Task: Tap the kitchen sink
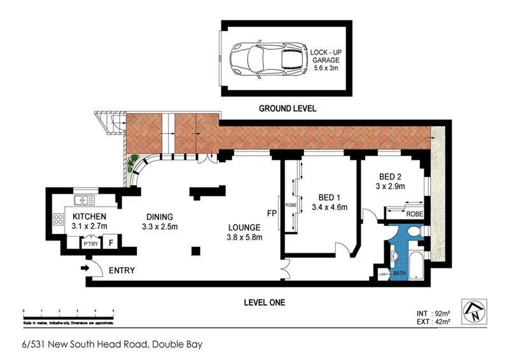coord(85,200)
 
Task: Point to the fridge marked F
coord(111,242)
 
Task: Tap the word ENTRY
coord(122,270)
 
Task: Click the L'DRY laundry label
coord(383,274)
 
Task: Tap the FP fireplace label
coord(272,214)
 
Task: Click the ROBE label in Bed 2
coord(415,214)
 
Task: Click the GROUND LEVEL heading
coord(288,109)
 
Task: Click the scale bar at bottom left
coord(68,313)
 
